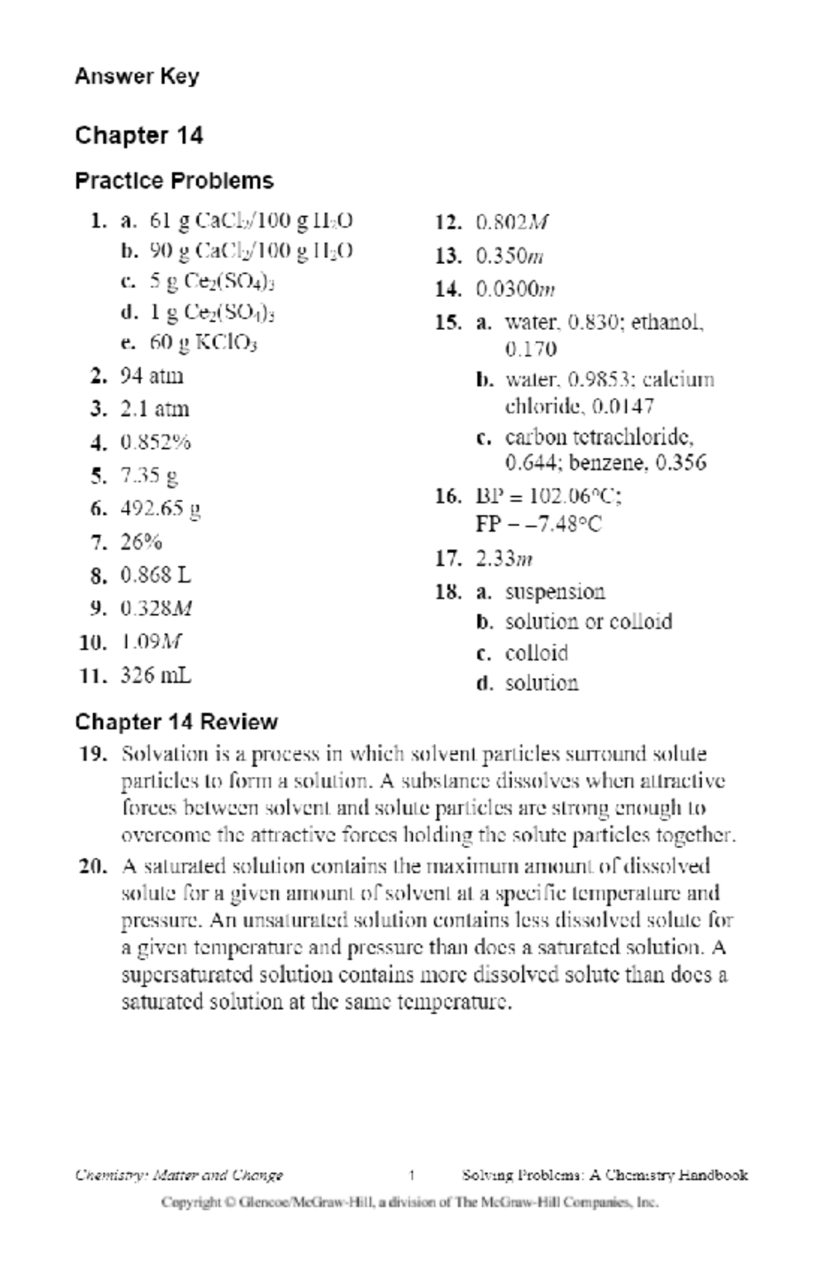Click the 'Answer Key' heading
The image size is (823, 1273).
136,76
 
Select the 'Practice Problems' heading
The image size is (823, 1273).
174,181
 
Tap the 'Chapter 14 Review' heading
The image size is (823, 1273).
176,722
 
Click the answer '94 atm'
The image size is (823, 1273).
152,376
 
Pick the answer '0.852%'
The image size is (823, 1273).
156,443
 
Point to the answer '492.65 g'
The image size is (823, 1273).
160,509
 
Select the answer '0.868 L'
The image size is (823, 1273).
156,575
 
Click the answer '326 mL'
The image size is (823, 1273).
156,676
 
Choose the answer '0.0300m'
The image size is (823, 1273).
515,289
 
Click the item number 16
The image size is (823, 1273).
447,496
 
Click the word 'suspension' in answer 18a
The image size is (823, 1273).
555,592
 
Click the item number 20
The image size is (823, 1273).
93,866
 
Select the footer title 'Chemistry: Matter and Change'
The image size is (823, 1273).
179,1176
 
